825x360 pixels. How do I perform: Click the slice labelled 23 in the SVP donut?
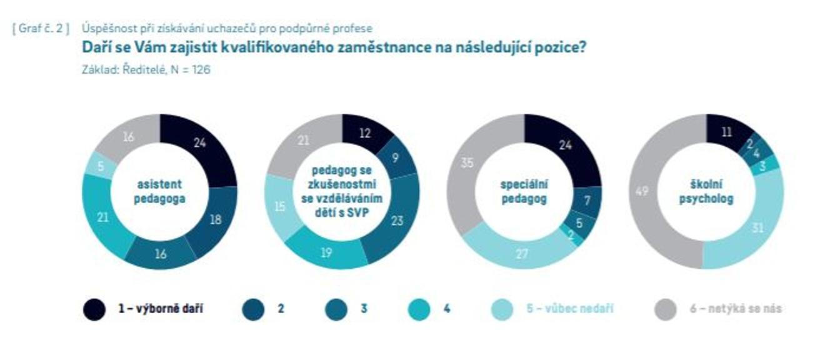(396, 221)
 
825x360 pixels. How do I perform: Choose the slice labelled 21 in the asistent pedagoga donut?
(103, 216)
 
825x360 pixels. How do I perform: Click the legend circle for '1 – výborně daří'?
(94, 309)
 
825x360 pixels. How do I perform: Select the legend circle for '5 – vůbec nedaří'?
(501, 309)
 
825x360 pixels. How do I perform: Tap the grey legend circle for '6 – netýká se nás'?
(666, 309)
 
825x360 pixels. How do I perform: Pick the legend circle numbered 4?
(419, 309)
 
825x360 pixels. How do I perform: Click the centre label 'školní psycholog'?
(706, 192)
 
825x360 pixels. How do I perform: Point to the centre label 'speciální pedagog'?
(524, 192)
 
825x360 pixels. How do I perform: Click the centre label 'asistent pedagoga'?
(161, 192)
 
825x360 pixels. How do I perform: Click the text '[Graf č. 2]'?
(41, 29)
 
